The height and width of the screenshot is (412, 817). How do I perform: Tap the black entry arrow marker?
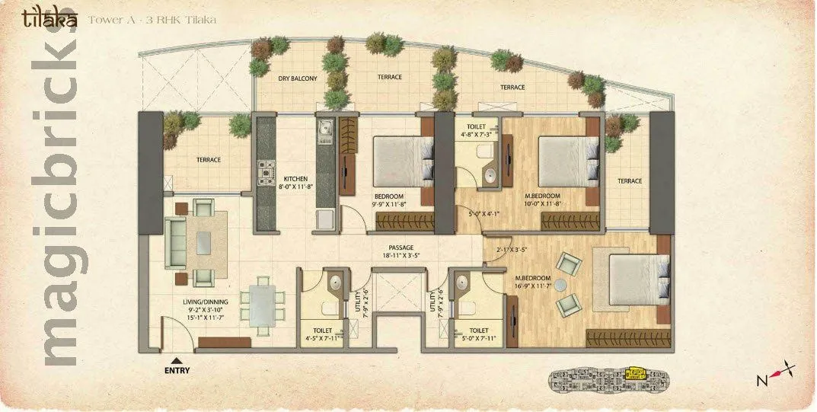pyautogui.click(x=177, y=360)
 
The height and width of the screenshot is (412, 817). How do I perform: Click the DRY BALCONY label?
pyautogui.click(x=298, y=78)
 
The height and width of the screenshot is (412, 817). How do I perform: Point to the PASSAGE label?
pyautogui.click(x=401, y=248)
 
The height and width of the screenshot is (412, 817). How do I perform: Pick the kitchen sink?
pyautogui.click(x=326, y=131)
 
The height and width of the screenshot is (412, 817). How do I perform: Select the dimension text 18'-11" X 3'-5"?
pyautogui.click(x=401, y=256)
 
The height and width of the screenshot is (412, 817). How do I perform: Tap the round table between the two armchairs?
pyautogui.click(x=560, y=285)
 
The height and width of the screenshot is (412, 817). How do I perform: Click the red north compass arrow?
pyautogui.click(x=777, y=374)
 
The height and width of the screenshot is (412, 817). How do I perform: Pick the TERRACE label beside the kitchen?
pyautogui.click(x=208, y=160)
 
